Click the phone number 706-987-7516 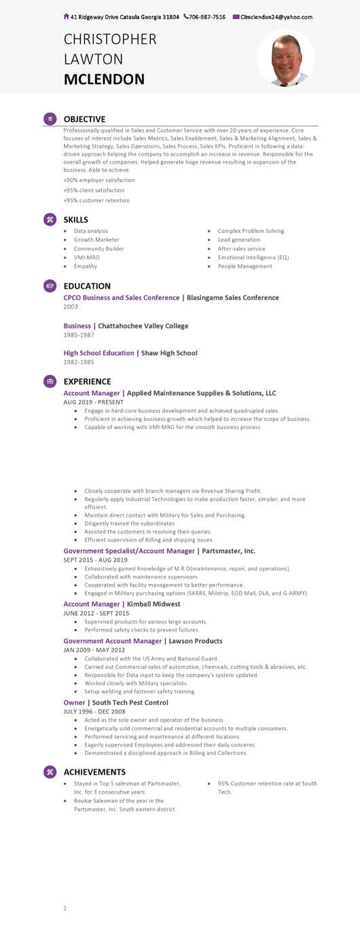[x=207, y=17]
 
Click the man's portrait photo [x=286, y=60]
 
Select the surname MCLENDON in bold [x=104, y=79]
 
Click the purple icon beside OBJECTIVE [x=50, y=119]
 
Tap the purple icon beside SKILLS [x=50, y=219]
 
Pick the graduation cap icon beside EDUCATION [x=50, y=286]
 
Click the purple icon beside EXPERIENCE [x=50, y=381]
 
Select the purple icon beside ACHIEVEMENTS [x=50, y=771]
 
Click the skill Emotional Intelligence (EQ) [x=253, y=257]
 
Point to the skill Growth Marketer [x=96, y=240]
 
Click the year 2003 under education [x=71, y=307]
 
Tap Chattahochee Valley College [x=143, y=326]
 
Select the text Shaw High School [x=169, y=353]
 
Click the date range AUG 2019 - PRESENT [x=93, y=402]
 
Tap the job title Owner [x=74, y=702]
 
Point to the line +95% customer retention [x=96, y=200]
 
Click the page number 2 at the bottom [x=65, y=908]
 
